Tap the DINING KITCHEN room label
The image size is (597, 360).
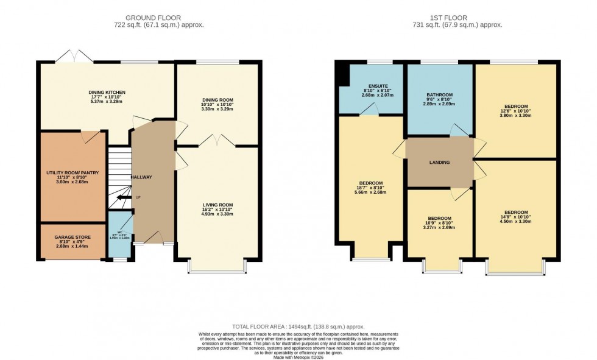coord(107,93)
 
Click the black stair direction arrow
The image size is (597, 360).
coord(123,197)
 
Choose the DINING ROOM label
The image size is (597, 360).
coord(217,100)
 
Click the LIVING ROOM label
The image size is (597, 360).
coord(217,205)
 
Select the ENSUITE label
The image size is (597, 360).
coord(370,86)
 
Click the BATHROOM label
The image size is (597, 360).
coord(439,95)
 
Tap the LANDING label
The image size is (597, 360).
coord(439,162)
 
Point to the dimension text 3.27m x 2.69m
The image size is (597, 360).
coord(439,228)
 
